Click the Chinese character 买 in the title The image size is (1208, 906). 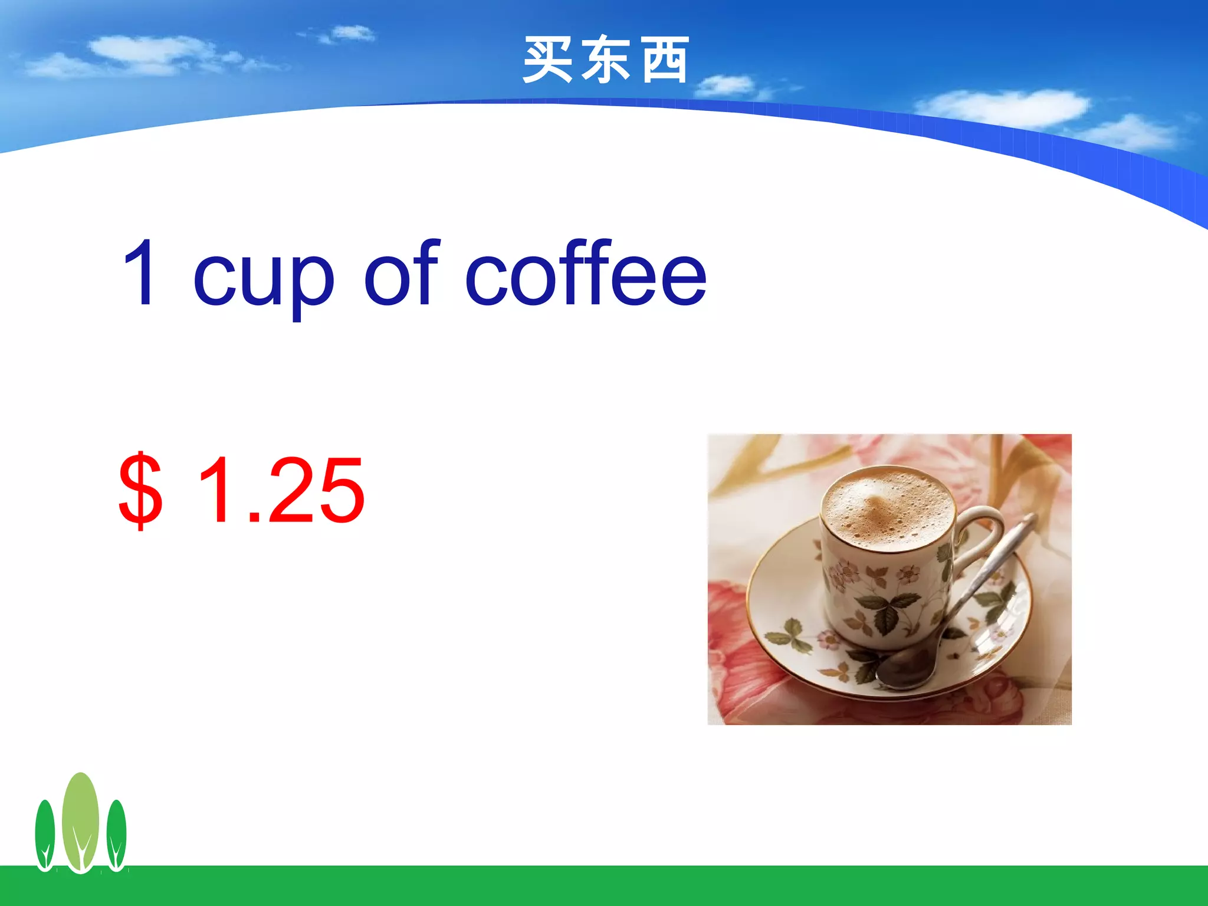tap(548, 60)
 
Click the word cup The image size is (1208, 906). tap(264, 277)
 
